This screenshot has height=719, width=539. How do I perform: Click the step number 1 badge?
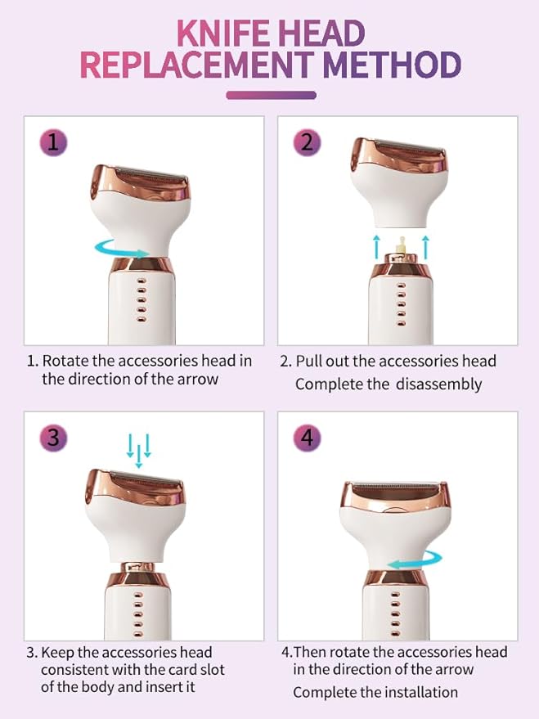coord(53,143)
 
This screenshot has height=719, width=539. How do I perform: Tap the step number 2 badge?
coord(307,142)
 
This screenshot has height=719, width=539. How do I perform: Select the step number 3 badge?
coord(53,437)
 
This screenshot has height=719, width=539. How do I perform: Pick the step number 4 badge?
coord(307,437)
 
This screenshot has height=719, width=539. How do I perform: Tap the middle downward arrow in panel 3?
coord(138,451)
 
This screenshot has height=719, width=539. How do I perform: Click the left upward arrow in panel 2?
coord(377,243)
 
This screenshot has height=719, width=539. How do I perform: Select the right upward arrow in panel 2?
coord(425,243)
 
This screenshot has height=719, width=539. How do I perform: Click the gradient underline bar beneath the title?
coord(270,95)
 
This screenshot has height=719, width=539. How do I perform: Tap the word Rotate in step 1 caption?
coord(65,361)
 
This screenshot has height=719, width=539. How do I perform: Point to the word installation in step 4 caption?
coord(413,692)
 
